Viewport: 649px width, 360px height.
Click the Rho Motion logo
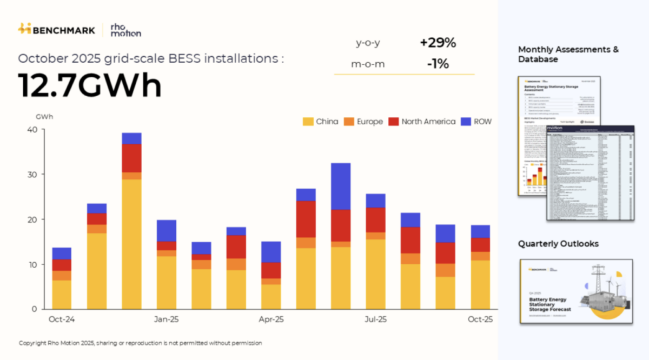(x=125, y=30)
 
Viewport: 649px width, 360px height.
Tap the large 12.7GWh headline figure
(x=90, y=85)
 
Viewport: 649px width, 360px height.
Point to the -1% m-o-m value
(x=438, y=64)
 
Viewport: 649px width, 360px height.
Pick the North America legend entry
(x=422, y=122)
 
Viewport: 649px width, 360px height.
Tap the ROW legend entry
(x=476, y=122)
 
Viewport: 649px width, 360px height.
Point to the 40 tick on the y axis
(x=32, y=130)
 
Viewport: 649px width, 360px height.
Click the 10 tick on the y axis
(x=32, y=264)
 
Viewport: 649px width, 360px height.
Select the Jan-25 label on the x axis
(x=166, y=319)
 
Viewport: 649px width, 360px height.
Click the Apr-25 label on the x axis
(x=271, y=319)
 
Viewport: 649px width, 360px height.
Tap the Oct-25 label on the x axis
(x=480, y=319)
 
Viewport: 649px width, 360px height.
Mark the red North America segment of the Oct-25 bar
(x=480, y=244)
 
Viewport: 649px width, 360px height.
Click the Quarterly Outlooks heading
(x=558, y=244)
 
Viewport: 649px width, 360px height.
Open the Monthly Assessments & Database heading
(x=568, y=54)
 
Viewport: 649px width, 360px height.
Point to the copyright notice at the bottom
(x=141, y=343)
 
